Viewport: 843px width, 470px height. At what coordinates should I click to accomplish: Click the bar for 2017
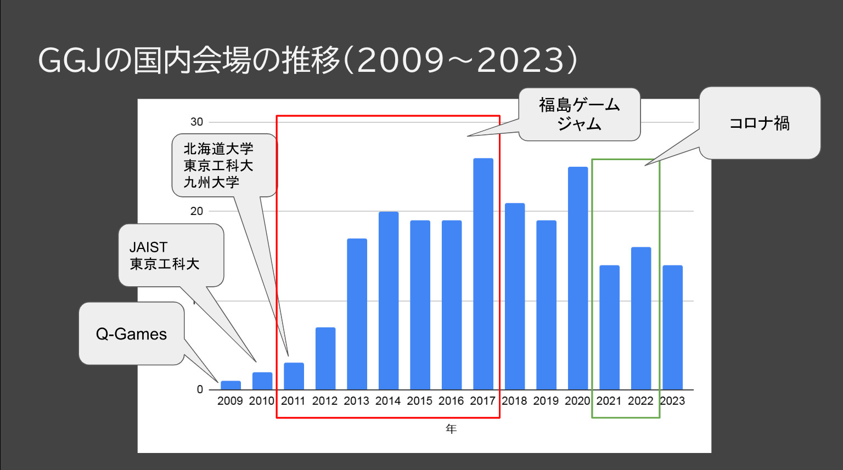coord(483,274)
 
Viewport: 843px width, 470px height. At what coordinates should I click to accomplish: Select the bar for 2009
coord(231,385)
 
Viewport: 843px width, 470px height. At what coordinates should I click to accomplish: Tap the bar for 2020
coord(578,278)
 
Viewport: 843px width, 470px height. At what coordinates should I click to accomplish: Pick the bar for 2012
coord(325,358)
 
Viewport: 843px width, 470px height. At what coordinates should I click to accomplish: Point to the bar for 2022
coord(641,318)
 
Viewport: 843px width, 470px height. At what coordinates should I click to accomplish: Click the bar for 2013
coord(357,314)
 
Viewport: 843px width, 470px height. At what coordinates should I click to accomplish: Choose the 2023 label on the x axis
coord(672,401)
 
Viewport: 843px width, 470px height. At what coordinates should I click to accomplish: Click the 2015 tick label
coord(420,401)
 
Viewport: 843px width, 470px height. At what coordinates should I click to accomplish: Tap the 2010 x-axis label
coord(262,401)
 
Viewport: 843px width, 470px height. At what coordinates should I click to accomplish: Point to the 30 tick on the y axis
coord(196,122)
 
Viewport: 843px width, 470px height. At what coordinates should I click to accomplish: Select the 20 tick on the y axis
coord(196,211)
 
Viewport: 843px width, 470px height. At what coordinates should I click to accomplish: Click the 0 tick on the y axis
coord(200,389)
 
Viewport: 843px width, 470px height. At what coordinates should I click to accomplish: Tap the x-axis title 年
coord(451,429)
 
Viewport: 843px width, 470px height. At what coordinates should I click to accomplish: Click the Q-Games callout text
coord(131,334)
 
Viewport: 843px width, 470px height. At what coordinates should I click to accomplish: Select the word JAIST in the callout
coord(148,247)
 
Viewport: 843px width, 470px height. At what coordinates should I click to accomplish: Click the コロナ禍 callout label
coord(760,123)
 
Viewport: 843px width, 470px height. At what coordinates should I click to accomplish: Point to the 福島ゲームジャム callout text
coord(580,114)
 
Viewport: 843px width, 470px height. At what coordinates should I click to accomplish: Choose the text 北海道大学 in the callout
coord(218,149)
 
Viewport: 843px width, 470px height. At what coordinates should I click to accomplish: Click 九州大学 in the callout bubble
coord(211,183)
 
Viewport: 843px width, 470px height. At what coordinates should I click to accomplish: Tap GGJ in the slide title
coord(70,61)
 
